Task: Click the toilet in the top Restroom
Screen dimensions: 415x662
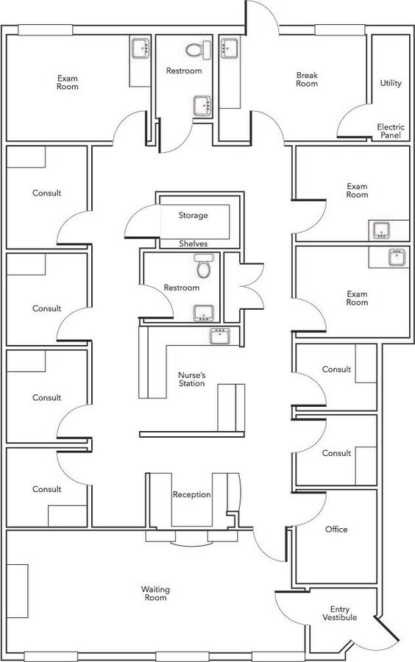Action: tap(198, 50)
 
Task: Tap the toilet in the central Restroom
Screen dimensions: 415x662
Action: tap(204, 266)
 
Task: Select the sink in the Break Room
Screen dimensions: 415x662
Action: tap(230, 48)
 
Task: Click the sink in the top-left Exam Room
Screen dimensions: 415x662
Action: tap(141, 48)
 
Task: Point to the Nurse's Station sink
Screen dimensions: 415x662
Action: tap(219, 335)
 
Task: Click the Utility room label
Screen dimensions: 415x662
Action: tap(391, 83)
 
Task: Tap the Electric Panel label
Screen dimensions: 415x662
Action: tap(391, 131)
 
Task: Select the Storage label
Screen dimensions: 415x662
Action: tap(193, 216)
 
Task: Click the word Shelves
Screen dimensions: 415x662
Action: tap(194, 243)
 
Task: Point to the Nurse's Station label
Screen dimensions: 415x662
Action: tap(191, 379)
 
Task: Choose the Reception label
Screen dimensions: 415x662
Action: tap(191, 494)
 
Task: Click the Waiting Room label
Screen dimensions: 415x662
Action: tap(155, 593)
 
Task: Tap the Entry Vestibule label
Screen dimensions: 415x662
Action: tap(340, 613)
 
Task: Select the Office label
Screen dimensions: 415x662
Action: tap(336, 529)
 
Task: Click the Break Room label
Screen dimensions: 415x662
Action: tap(307, 79)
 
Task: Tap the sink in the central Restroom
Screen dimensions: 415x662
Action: tap(204, 313)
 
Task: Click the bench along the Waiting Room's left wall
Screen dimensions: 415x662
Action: tap(18, 591)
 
